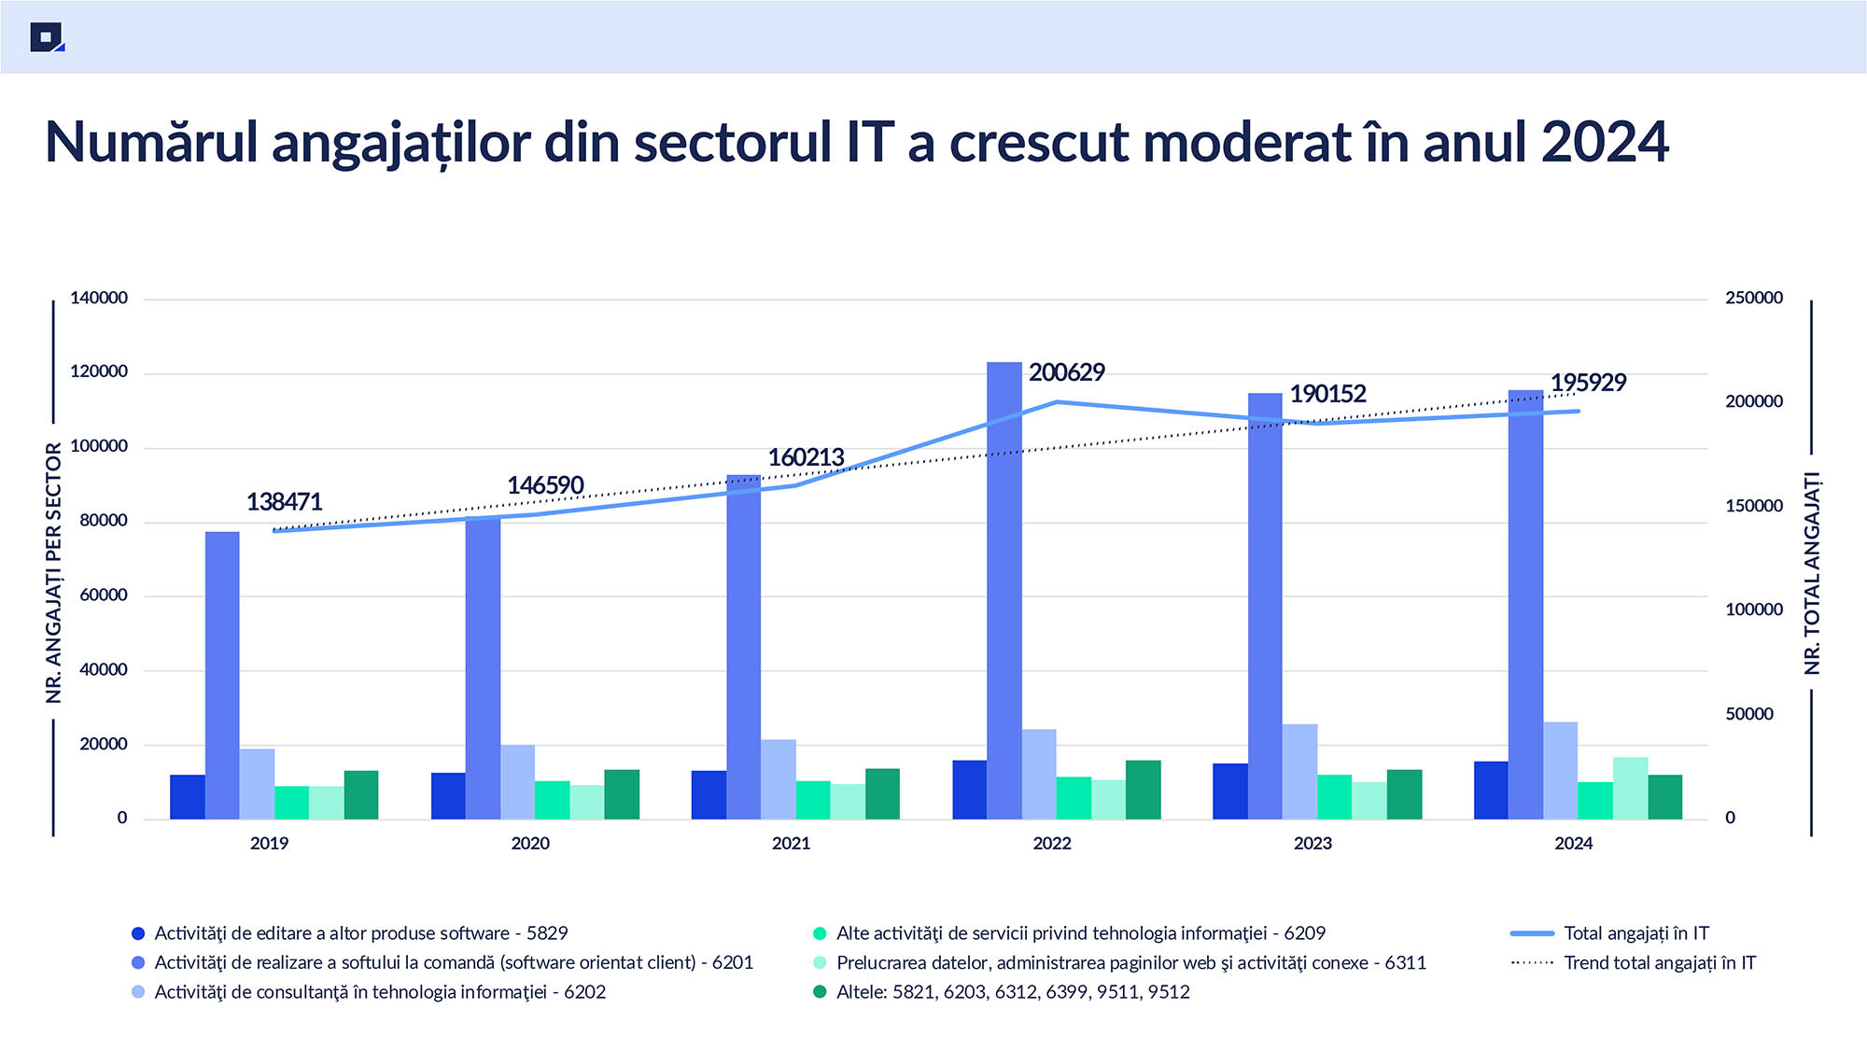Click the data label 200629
[x=1066, y=372]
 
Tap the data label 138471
[x=284, y=502]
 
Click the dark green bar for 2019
[x=361, y=795]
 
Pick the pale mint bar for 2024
[x=1630, y=789]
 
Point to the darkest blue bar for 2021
[x=709, y=795]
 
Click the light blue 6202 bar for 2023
[x=1299, y=772]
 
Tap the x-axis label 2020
[x=530, y=844]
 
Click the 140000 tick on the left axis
[x=99, y=299]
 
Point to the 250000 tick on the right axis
[x=1754, y=299]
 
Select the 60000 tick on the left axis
[x=104, y=595]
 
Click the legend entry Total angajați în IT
[x=1635, y=933]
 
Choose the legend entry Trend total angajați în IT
[x=1659, y=963]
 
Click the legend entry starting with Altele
[x=1012, y=992]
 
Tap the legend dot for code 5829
[x=139, y=933]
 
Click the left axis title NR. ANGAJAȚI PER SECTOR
[x=54, y=573]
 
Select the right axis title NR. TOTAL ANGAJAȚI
[x=1812, y=573]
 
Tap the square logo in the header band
[x=47, y=37]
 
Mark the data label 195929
[x=1588, y=383]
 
